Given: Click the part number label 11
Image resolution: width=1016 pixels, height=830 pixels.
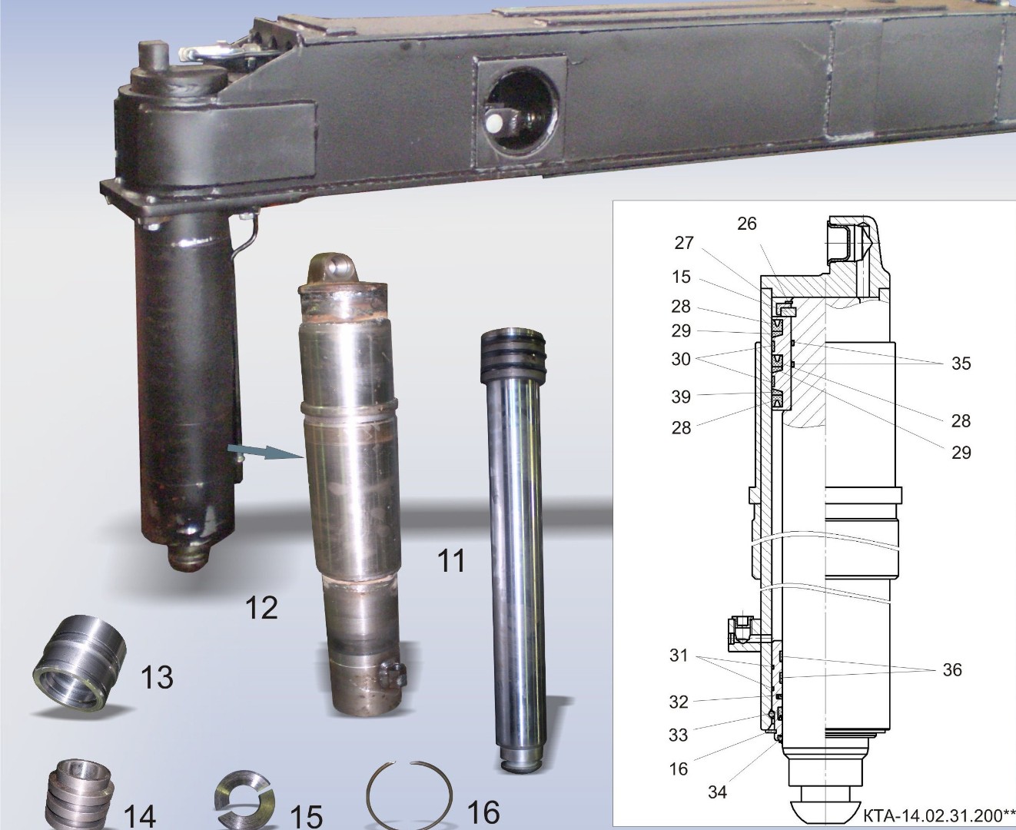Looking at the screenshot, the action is pos(451,561).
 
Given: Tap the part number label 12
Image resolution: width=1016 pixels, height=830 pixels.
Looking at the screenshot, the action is pos(261,608).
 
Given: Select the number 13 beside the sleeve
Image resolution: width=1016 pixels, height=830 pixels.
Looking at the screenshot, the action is pos(157,677).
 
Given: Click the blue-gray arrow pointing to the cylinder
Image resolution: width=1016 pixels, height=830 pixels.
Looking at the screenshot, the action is pos(266,452).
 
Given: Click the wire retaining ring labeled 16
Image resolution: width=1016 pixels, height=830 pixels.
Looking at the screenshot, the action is pos(409,795).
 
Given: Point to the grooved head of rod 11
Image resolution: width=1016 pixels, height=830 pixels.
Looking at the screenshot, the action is pos(513,353).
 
